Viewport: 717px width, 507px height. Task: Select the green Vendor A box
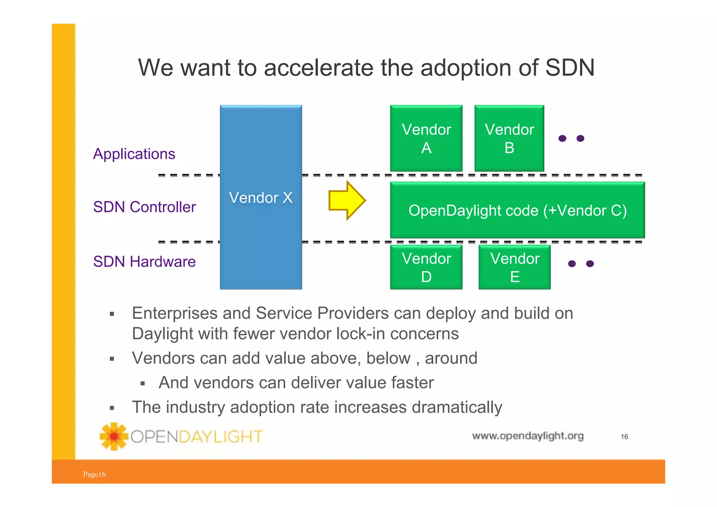(426, 138)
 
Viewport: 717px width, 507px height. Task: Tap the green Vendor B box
(509, 138)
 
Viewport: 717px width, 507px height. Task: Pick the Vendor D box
(426, 267)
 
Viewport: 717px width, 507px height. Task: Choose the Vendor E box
(514, 267)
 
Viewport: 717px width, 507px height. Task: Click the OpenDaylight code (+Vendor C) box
(517, 210)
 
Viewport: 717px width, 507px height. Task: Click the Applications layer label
(134, 154)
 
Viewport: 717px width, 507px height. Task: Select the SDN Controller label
(144, 207)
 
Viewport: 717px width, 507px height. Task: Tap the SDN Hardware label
(144, 262)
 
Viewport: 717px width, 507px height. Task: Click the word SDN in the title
(570, 67)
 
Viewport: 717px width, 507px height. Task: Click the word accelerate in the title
(318, 67)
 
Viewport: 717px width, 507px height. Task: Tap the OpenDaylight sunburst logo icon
(113, 436)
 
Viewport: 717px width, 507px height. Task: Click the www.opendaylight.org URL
(528, 436)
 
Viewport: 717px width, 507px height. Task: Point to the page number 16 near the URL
(624, 437)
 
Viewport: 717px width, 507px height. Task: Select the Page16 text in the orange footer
(94, 474)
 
